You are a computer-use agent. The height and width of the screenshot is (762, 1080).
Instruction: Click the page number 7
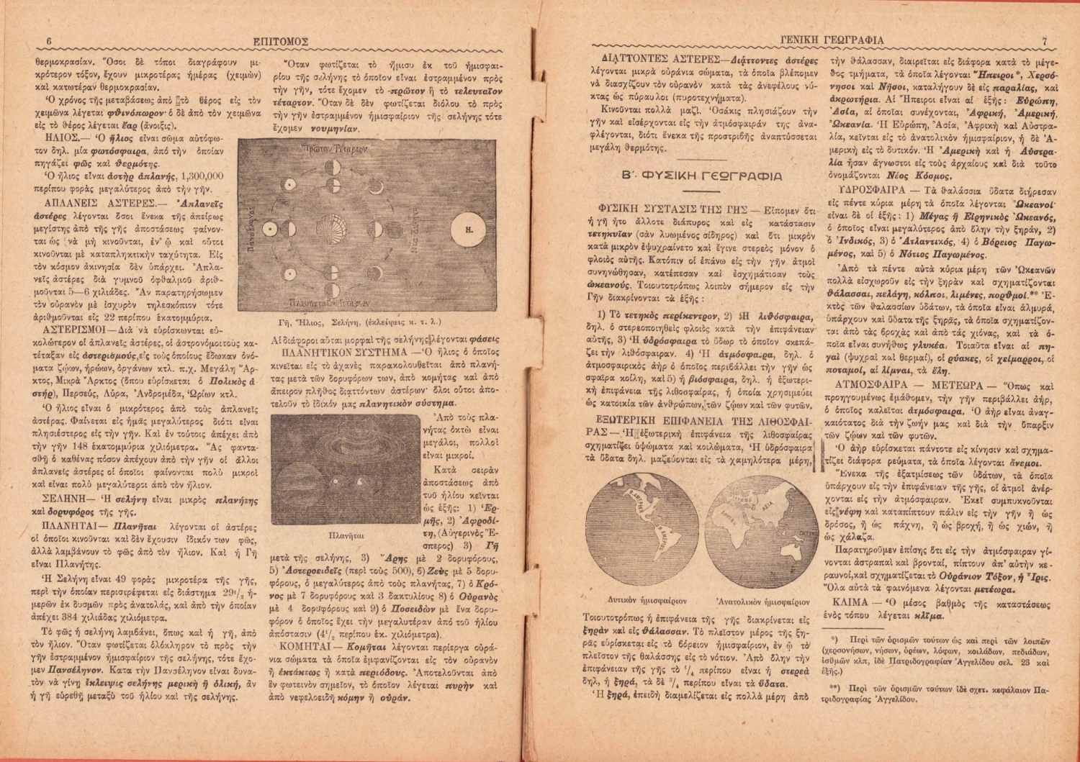1044,41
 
